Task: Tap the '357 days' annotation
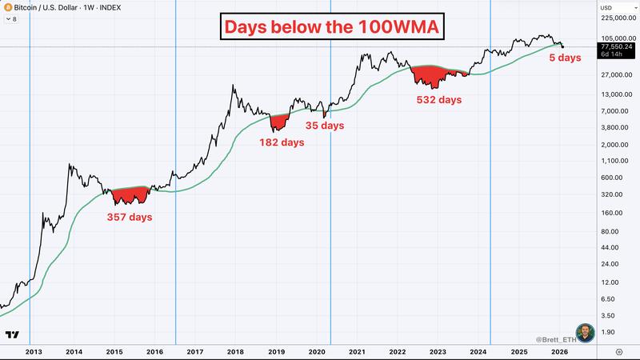[130, 217]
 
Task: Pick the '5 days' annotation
[564, 58]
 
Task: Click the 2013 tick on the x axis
[34, 351]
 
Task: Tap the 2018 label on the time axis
[236, 351]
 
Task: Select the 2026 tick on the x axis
[559, 351]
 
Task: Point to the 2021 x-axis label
[358, 351]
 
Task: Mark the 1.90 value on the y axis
[611, 331]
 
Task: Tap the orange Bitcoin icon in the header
[8, 6]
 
